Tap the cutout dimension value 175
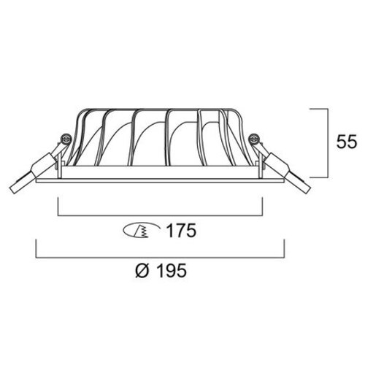coord(181,231)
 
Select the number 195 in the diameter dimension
coord(172,270)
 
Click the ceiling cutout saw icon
coord(142,231)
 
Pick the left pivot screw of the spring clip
coord(66,139)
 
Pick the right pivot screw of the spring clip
coord(253,139)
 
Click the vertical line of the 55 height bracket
coord(328,143)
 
